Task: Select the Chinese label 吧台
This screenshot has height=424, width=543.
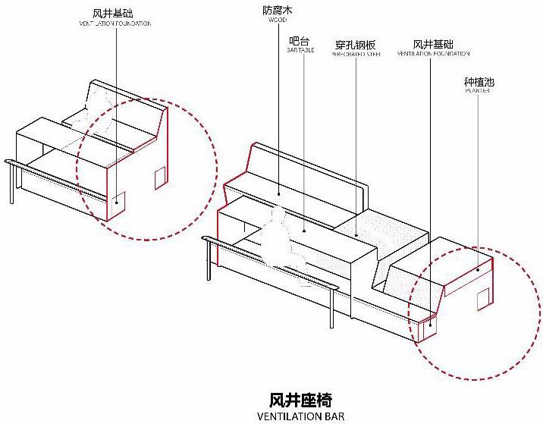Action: coord(300,41)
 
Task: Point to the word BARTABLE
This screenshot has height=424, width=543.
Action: coord(300,51)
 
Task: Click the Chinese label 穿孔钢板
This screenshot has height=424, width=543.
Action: coord(355,45)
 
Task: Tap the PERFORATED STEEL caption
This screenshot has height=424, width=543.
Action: coord(355,55)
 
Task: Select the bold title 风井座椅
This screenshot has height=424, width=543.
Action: coord(300,399)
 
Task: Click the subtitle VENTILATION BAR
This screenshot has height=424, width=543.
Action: coord(300,416)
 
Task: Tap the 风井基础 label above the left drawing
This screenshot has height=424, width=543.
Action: coord(115,13)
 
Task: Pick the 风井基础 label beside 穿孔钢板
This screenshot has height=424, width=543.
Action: coord(433,45)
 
